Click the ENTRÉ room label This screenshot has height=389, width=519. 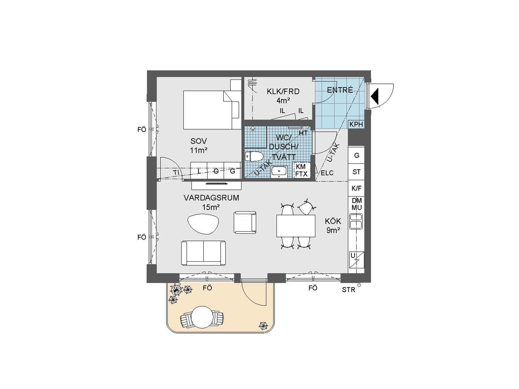[x=340, y=90]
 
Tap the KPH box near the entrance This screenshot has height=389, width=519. [x=356, y=124]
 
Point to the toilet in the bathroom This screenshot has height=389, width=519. [x=254, y=156]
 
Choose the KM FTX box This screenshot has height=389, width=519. [x=301, y=170]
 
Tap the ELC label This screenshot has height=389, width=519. [x=327, y=173]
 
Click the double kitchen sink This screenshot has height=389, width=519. [x=356, y=221]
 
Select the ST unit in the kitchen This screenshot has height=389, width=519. [x=356, y=172]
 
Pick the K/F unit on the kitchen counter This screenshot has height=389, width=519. [x=356, y=188]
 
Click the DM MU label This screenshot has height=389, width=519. [x=357, y=204]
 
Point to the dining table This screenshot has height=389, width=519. [x=296, y=226]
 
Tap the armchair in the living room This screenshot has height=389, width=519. [x=245, y=222]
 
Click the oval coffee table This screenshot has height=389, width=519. [x=203, y=224]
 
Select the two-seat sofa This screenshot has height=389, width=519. [x=203, y=253]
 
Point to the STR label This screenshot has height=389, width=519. [x=348, y=290]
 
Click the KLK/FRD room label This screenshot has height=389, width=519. [x=283, y=92]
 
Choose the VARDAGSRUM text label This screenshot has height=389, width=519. [x=211, y=198]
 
